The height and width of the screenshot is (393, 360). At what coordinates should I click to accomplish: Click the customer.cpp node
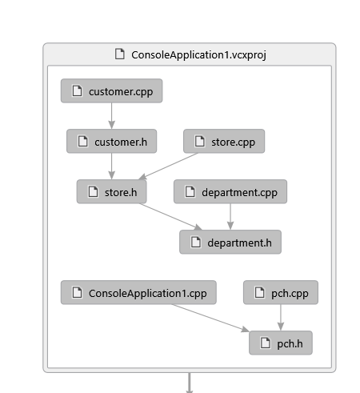coord(111,90)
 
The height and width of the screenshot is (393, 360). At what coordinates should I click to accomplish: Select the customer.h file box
coord(111,141)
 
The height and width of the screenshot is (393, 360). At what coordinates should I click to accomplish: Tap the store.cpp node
coord(224,141)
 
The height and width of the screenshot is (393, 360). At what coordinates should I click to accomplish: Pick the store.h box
coord(111,191)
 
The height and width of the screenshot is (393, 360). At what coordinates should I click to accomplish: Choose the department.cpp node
coord(230,191)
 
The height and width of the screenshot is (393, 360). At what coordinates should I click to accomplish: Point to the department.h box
coord(230,242)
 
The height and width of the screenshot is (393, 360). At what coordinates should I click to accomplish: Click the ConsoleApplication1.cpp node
coord(138,292)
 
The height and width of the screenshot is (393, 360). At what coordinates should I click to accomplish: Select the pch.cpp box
coord(281,292)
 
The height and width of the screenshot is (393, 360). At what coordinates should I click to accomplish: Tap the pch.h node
coord(281,343)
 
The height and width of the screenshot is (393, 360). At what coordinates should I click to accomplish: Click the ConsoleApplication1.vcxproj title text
coord(198,55)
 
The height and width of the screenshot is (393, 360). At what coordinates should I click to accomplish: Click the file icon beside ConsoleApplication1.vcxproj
coord(120,54)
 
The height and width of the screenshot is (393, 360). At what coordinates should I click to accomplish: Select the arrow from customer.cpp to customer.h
coord(111,116)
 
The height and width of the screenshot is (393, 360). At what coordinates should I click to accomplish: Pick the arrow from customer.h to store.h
coord(111,166)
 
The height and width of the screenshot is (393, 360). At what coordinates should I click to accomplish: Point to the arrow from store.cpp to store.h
coord(168,166)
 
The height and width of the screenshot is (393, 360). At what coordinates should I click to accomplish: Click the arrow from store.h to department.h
coord(170,217)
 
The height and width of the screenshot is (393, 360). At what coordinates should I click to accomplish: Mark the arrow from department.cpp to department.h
coord(230,217)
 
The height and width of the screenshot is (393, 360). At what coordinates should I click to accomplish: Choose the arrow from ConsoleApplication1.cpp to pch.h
coord(210,318)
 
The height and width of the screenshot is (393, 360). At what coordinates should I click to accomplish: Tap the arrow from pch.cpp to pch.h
coord(281,318)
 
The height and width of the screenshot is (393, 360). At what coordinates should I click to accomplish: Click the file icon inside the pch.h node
coord(265,343)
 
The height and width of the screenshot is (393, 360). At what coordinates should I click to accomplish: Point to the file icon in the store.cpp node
coord(199,141)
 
